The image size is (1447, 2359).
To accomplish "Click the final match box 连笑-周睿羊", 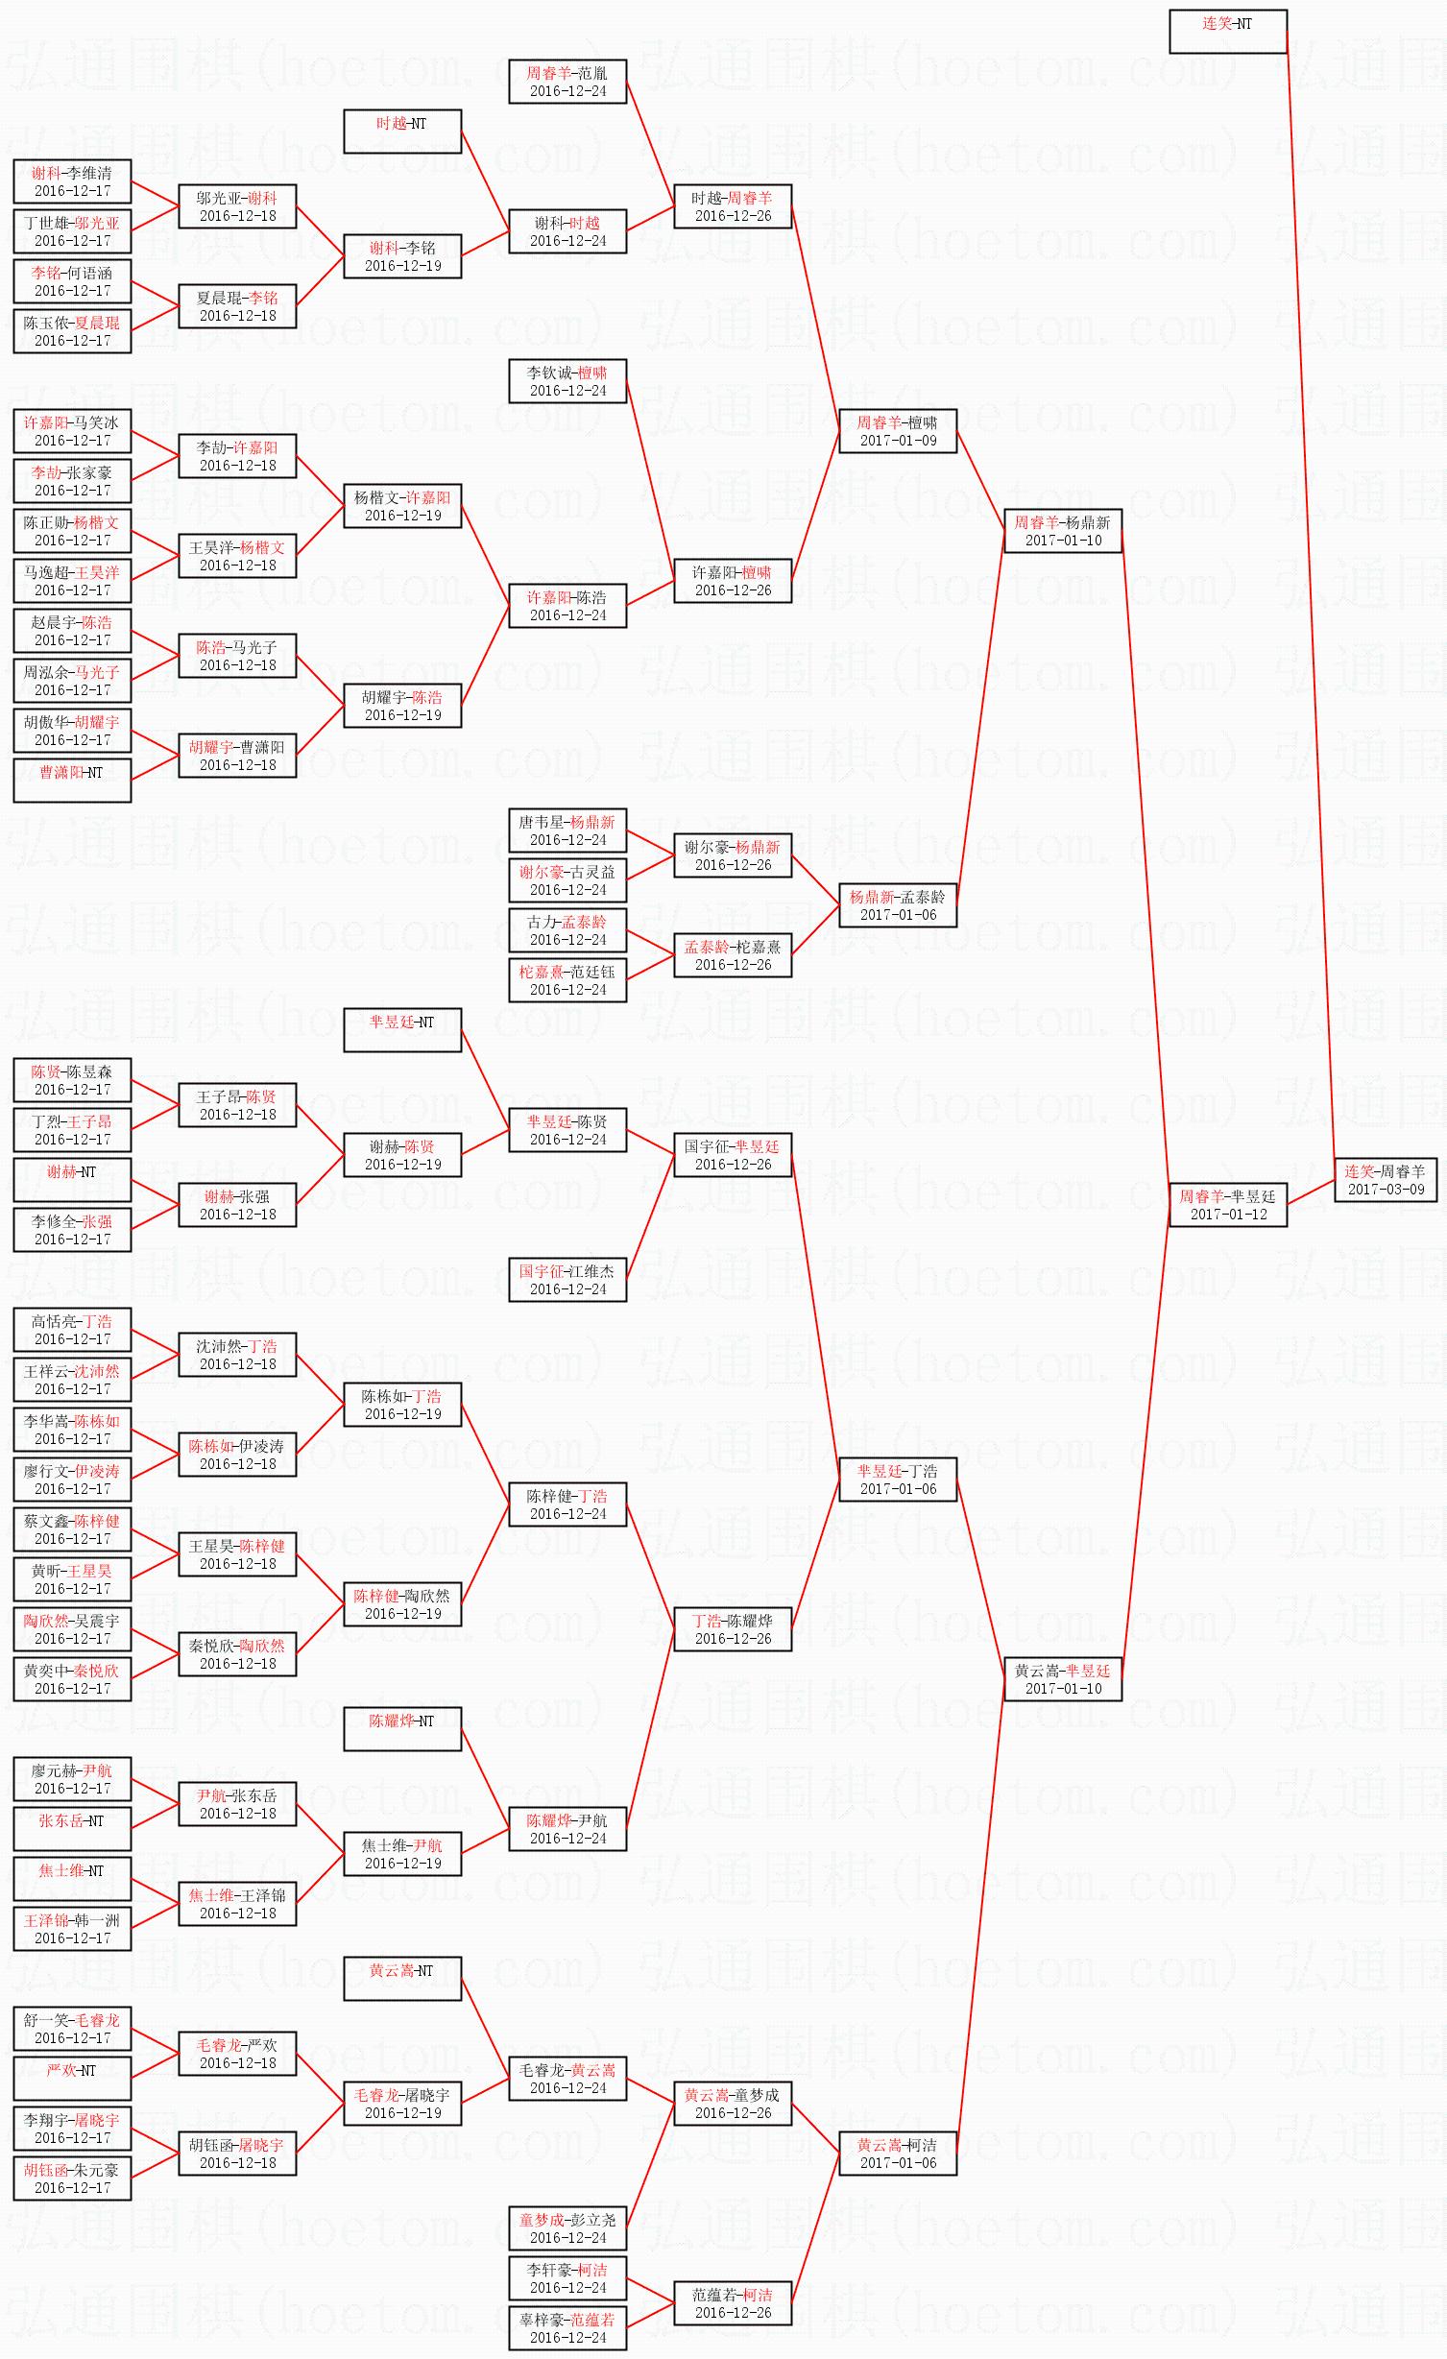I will point(1386,1180).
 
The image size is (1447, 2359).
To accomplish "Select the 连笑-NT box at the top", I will point(1227,32).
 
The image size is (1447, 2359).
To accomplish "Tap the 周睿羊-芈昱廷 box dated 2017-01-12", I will point(1227,1205).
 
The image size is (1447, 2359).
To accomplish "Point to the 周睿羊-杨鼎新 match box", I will point(1062,531).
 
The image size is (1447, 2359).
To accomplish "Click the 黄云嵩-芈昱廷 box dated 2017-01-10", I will point(1062,1679).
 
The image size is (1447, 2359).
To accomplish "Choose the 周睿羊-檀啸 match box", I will point(897,431).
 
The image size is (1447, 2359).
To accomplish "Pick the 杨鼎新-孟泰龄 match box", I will point(897,905).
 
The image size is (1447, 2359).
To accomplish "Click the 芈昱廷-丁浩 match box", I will point(897,1480).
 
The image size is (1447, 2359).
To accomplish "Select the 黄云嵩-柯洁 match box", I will point(897,2154).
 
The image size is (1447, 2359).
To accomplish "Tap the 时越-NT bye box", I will point(402,132).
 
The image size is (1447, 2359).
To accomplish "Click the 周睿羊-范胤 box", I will point(567,82).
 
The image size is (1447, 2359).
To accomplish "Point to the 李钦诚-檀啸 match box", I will point(567,381).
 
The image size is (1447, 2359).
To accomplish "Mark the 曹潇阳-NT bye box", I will point(72,781).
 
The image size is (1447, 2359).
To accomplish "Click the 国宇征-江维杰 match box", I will point(567,1280).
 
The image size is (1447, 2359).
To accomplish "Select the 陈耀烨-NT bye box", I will point(402,1729).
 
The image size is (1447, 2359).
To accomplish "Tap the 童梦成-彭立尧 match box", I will point(567,2228).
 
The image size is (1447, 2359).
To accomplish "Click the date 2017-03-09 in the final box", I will point(1386,1190).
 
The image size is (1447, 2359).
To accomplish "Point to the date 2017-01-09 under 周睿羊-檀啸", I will point(898,441).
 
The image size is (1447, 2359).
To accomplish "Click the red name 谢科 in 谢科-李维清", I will point(45,174).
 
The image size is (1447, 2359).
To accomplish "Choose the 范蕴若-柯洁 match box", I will point(733,2303).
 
